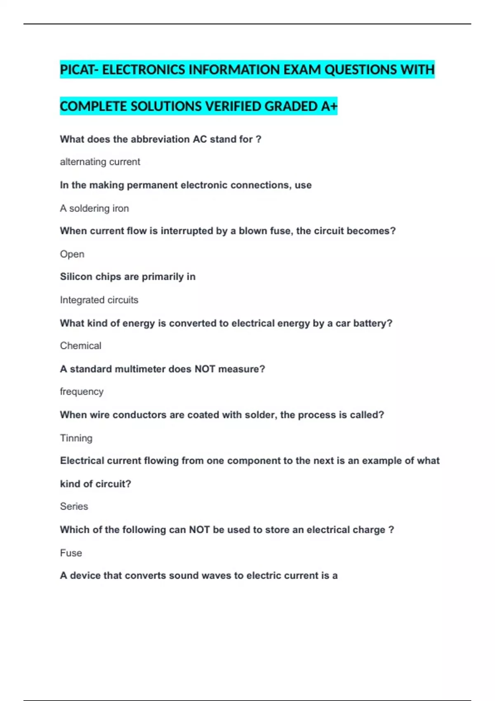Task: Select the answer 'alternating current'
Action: [x=100, y=162]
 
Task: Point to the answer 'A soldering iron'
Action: [x=94, y=209]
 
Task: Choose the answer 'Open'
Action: [x=72, y=254]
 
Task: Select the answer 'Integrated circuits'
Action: [x=99, y=300]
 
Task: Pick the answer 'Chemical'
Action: [x=80, y=346]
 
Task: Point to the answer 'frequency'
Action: [x=82, y=392]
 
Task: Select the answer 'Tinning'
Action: [x=76, y=438]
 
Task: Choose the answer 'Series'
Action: [x=74, y=506]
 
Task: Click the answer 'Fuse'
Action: [x=71, y=553]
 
